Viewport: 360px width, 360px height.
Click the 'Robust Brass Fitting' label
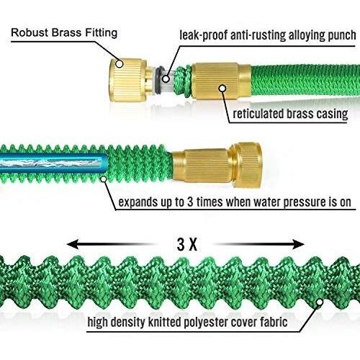64,32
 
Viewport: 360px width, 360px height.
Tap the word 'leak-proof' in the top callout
204,35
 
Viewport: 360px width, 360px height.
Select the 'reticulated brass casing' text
290,114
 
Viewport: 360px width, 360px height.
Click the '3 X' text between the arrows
187,245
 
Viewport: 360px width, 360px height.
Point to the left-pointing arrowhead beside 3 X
73,244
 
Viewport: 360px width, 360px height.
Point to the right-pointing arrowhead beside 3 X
298,245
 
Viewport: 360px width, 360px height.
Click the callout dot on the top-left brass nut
119,64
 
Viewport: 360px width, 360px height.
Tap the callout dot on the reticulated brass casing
222,88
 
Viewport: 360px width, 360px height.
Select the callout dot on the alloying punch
166,78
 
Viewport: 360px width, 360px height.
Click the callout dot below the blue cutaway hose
104,179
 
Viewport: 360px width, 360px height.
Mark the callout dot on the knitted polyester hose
319,302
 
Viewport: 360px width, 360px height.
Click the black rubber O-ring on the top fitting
158,81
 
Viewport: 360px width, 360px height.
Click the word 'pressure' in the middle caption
304,202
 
